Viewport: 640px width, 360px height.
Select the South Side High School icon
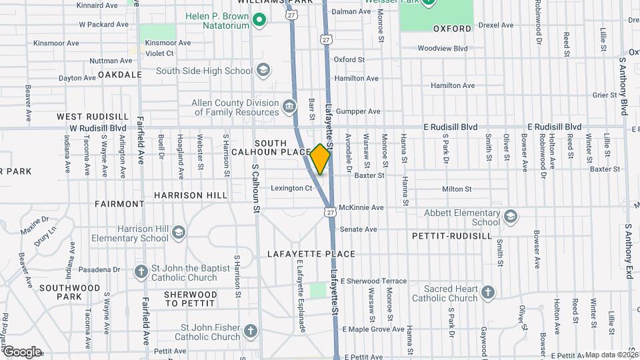pos(263,70)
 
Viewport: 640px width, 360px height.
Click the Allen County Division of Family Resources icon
pos(289,107)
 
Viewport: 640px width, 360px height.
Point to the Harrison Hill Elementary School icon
pos(178,233)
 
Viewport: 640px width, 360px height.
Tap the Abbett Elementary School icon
pos(511,217)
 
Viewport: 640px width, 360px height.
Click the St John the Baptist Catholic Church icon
pos(141,272)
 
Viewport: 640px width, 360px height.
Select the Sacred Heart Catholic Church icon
pos(488,293)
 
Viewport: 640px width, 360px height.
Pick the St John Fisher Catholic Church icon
pos(250,331)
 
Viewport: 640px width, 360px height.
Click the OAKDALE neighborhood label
pos(120,75)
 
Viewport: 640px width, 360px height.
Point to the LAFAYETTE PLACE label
pos(311,254)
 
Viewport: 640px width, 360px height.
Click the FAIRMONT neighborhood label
pos(119,203)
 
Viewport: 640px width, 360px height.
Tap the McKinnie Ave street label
pos(361,207)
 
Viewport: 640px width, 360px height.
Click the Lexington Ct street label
pos(291,188)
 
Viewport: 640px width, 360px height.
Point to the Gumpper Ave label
pos(358,111)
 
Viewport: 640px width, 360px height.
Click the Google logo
pos(21,351)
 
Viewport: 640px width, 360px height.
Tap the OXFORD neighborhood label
pos(452,29)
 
